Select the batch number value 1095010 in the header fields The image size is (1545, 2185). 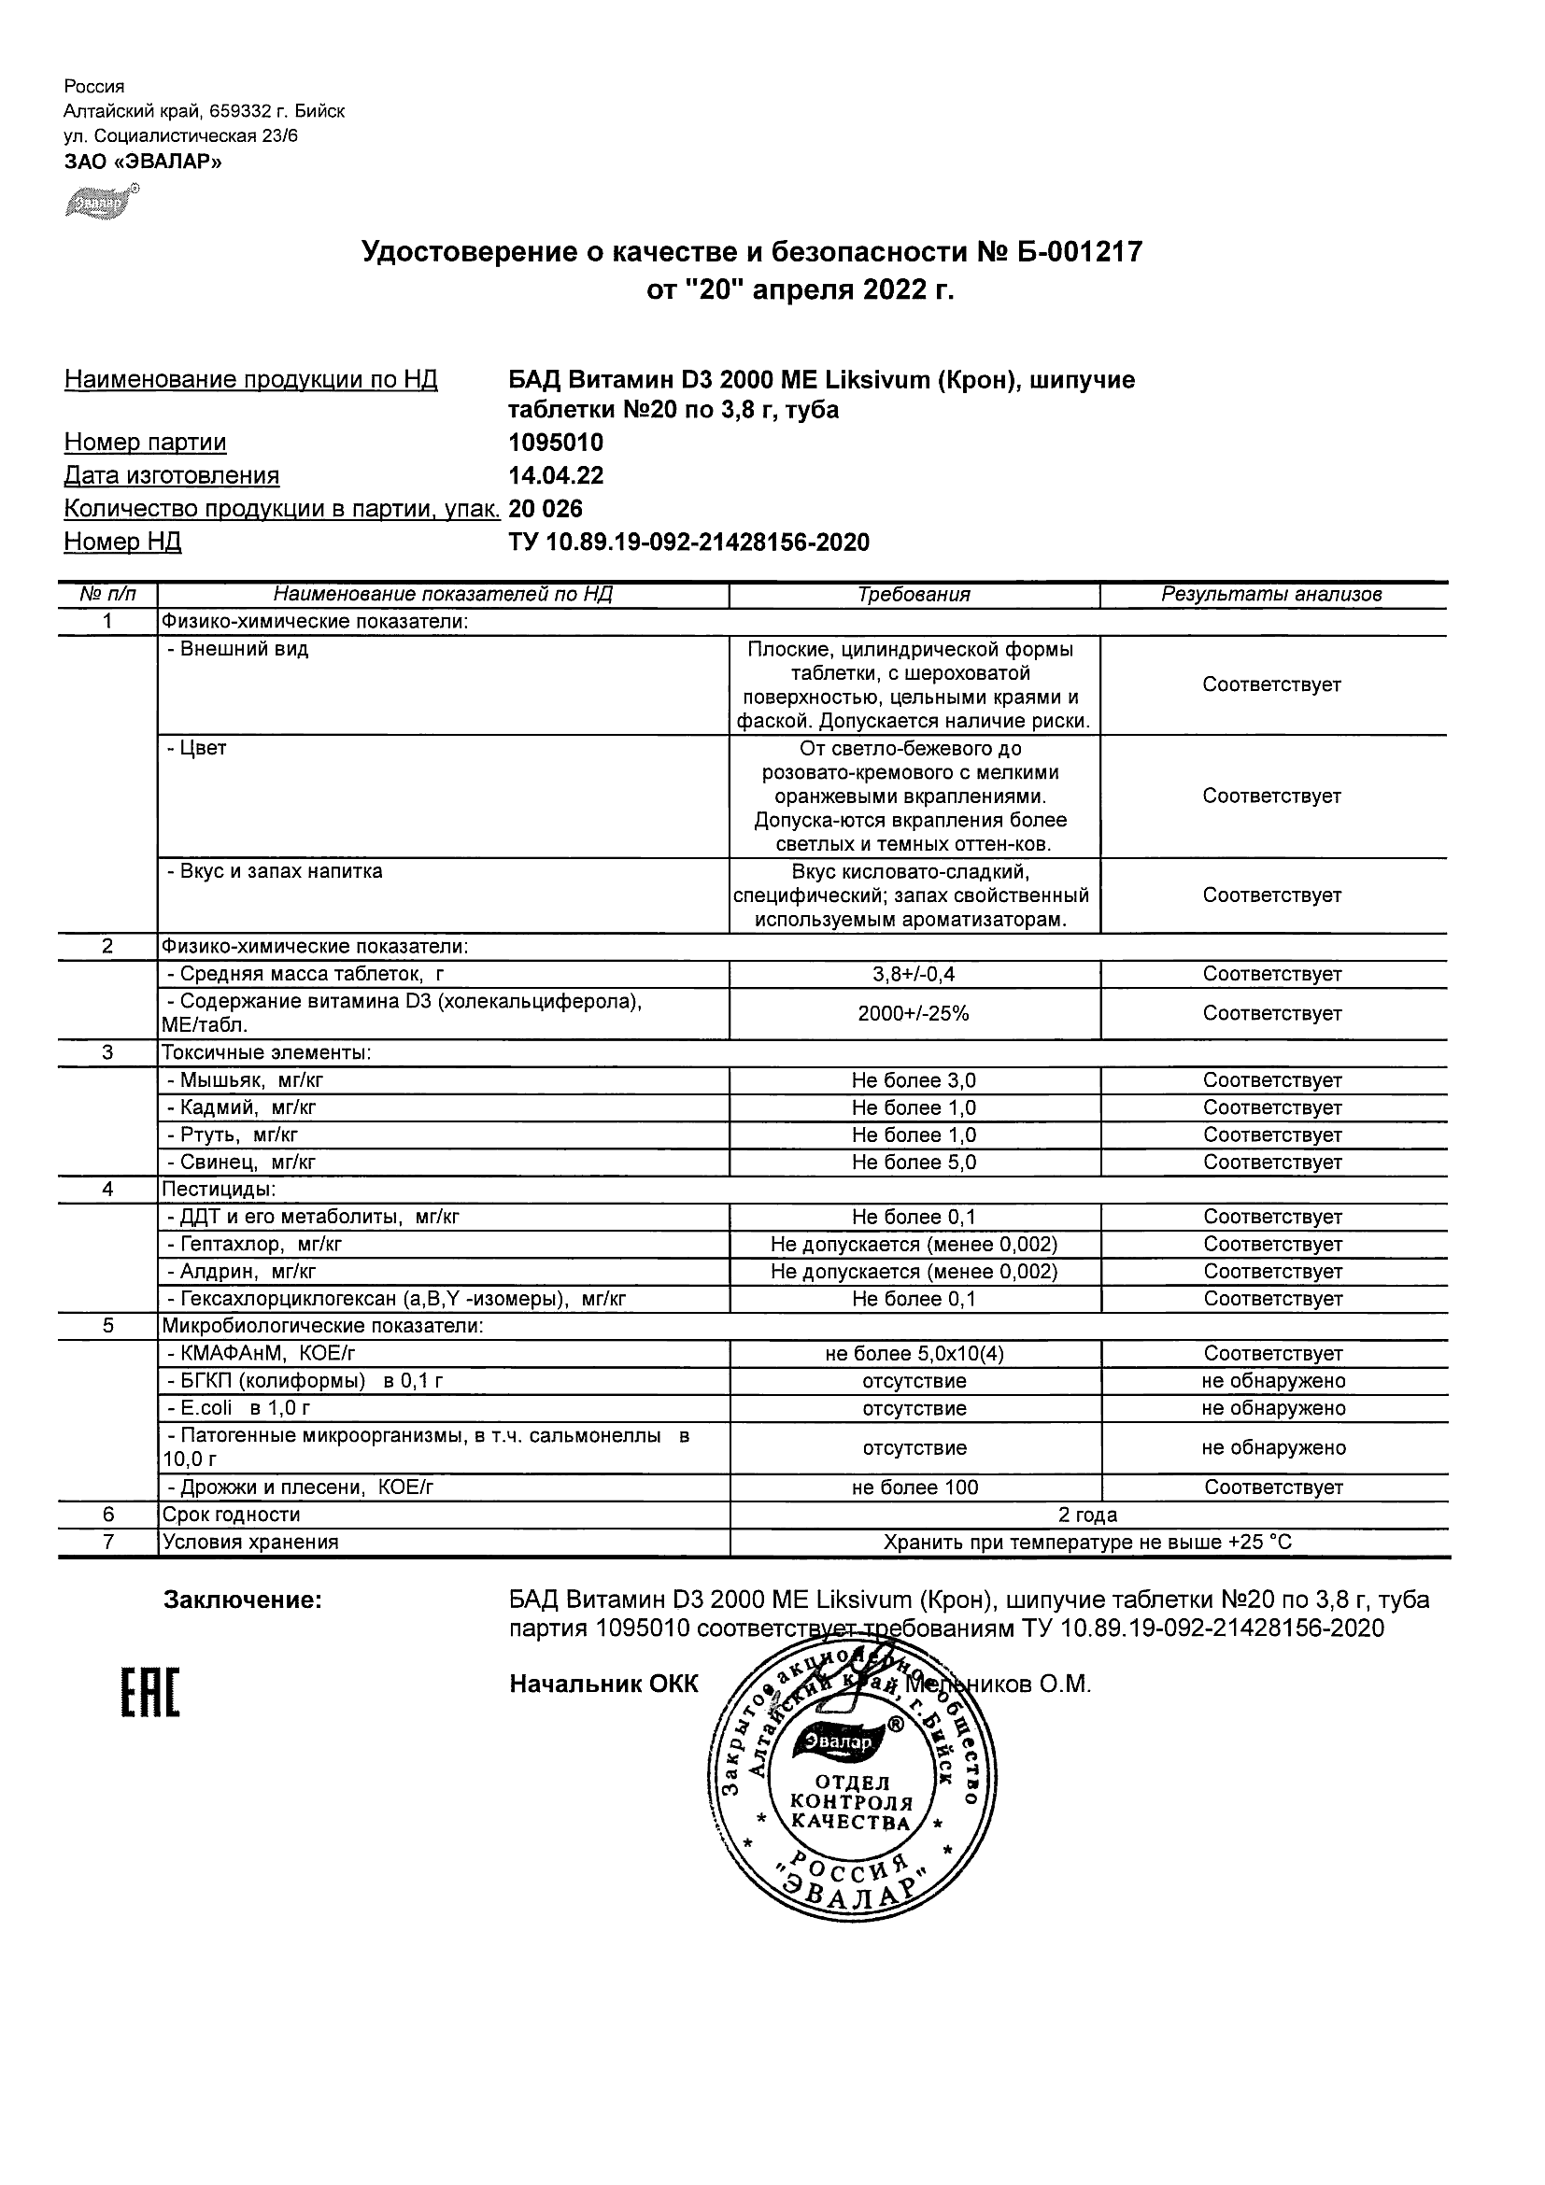click(x=556, y=443)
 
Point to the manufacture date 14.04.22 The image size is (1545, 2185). click(x=556, y=476)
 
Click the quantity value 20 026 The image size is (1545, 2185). click(x=546, y=508)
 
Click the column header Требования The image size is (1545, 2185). click(x=914, y=595)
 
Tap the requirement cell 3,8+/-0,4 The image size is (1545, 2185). click(x=914, y=975)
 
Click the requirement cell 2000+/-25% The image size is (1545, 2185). click(x=914, y=1013)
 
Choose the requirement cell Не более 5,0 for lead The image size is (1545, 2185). click(x=914, y=1162)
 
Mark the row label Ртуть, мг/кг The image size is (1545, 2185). click(x=238, y=1135)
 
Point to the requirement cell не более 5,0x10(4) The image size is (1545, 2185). click(x=914, y=1353)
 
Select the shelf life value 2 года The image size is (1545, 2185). click(x=1088, y=1515)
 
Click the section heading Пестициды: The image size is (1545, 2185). click(x=219, y=1190)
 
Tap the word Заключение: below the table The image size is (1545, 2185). click(x=244, y=1600)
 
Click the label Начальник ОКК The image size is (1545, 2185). click(x=603, y=1685)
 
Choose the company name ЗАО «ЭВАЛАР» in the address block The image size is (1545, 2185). click(x=143, y=162)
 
